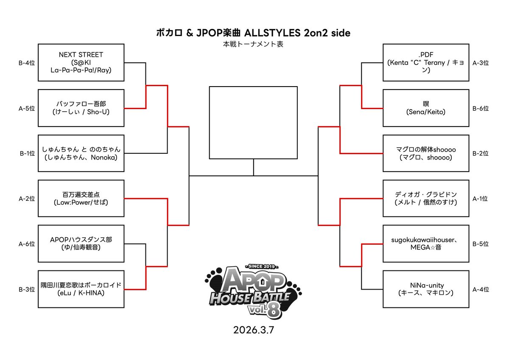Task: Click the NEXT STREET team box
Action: [x=81, y=62]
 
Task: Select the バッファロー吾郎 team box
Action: [x=81, y=108]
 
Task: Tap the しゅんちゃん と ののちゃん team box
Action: [x=81, y=153]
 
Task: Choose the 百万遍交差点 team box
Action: [x=81, y=199]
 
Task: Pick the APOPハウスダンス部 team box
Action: [x=81, y=244]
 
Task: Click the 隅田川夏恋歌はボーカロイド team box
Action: [x=81, y=289]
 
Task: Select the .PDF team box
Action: [x=426, y=62]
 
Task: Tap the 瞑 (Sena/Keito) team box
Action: [x=426, y=108]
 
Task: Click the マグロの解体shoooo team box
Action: [x=426, y=153]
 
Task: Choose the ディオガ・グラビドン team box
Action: [x=426, y=199]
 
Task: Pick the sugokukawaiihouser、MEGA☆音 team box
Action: [x=426, y=244]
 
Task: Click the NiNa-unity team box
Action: [x=426, y=289]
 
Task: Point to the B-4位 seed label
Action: [x=27, y=63]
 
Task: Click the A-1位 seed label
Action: [x=481, y=199]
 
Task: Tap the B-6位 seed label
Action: [x=481, y=108]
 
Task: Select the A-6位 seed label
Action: [x=27, y=244]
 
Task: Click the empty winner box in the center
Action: [x=253, y=123]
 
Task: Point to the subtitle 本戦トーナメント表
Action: [x=254, y=44]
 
